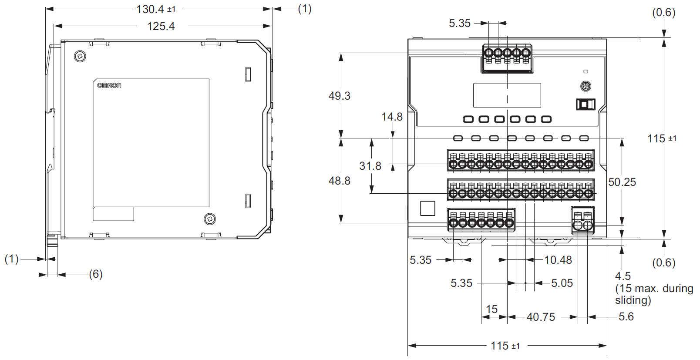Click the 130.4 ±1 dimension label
[156, 9]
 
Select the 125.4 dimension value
[161, 27]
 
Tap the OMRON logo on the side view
[109, 85]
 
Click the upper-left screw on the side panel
[80, 56]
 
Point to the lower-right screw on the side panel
[210, 219]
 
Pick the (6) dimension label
[96, 274]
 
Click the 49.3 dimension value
[340, 96]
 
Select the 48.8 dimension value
[340, 181]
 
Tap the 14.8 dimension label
[392, 117]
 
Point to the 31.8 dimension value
[370, 166]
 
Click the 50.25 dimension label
[622, 182]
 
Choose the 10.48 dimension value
[558, 260]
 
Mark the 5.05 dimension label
[562, 283]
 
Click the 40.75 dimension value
[541, 317]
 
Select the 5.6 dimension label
[626, 317]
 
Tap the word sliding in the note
[633, 300]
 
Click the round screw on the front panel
[586, 86]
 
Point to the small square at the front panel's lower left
[427, 208]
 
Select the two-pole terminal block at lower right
[582, 221]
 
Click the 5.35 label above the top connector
[460, 24]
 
